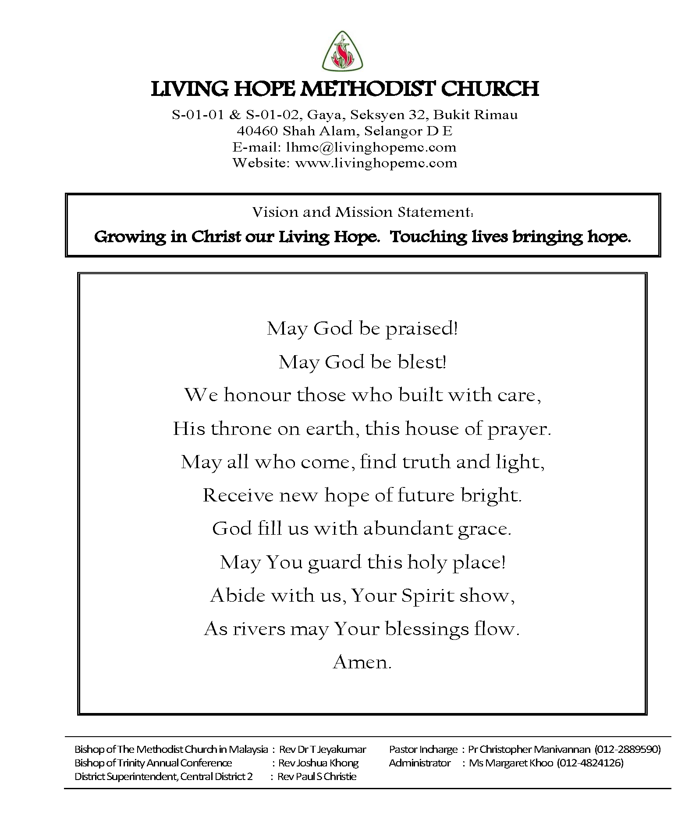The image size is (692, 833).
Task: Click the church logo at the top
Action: tap(343, 52)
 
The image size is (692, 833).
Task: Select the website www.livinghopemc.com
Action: tap(376, 163)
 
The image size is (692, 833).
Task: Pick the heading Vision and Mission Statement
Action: tap(362, 212)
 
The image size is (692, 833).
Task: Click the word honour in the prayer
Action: tap(257, 395)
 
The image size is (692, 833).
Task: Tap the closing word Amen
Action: tap(362, 662)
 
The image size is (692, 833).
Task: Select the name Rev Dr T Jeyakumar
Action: tap(323, 749)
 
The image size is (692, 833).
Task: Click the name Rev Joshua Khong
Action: tap(318, 763)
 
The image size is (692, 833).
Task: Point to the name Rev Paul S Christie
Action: tap(317, 777)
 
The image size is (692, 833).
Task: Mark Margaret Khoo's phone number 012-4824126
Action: tap(590, 763)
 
